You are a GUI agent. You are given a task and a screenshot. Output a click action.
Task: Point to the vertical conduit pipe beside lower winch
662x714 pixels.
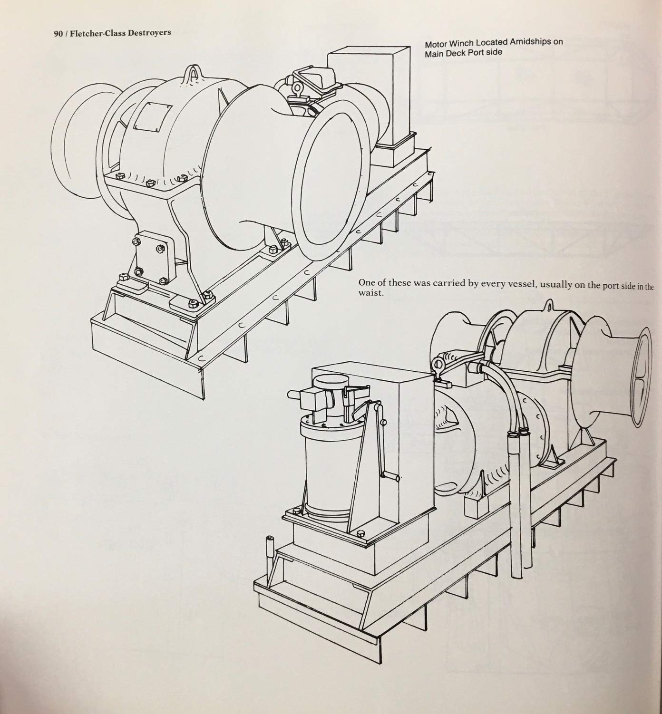pyautogui.click(x=516, y=523)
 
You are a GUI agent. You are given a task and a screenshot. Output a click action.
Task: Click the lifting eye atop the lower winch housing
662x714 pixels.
pyautogui.click(x=550, y=304)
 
